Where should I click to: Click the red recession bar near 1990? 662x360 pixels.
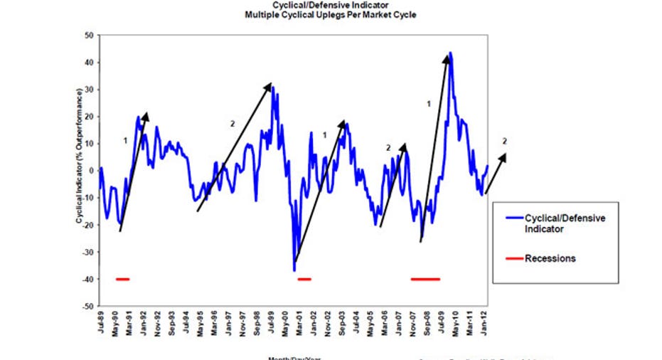point(122,280)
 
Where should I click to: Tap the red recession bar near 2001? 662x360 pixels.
point(304,280)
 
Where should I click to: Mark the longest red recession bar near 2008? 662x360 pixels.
point(425,280)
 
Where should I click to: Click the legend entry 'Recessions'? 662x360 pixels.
point(550,258)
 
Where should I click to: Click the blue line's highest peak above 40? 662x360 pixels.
point(451,53)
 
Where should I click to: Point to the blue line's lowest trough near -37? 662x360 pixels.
point(294,270)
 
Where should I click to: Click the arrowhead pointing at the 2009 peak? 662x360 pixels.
point(447,58)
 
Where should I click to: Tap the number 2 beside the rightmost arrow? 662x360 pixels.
point(505,140)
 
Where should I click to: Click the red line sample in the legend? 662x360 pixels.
point(512,258)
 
